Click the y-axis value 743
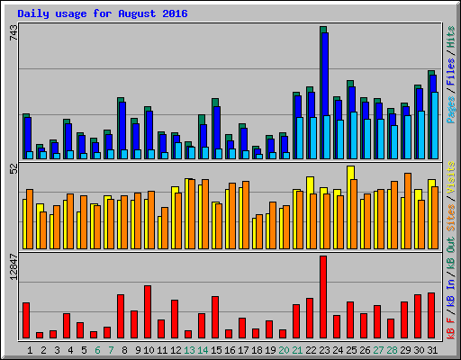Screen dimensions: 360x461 12,33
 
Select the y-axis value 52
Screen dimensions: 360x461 12,168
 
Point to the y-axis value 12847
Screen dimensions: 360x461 12,269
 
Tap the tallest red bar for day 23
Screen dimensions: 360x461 323,297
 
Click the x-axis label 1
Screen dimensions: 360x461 30,350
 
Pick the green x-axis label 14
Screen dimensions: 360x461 203,350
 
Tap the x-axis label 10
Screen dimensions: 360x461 149,350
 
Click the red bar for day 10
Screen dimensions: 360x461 148,311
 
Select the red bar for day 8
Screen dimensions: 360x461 121,316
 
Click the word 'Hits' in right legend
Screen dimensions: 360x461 450,41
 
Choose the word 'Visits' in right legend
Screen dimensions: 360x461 450,178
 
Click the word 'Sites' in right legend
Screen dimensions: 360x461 450,216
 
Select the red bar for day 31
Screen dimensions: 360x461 431,315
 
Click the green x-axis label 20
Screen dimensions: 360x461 284,350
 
